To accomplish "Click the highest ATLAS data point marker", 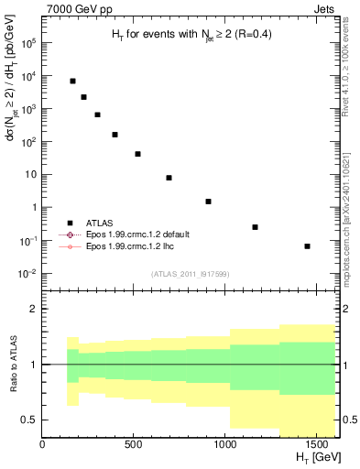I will click(x=72, y=82).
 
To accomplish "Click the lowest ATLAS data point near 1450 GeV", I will click(x=307, y=246).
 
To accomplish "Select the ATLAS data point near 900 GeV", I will click(x=209, y=202).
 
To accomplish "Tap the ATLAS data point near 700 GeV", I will click(x=169, y=178).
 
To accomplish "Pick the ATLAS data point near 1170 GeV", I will click(x=255, y=227).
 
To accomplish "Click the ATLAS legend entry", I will click(x=102, y=222).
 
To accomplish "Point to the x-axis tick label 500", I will click(x=134, y=446).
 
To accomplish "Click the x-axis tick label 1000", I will click(x=224, y=446).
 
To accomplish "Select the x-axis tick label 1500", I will click(x=316, y=446).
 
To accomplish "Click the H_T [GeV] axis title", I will click(x=315, y=459).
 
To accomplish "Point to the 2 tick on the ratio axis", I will click(x=33, y=309).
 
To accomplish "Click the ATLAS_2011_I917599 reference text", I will click(x=190, y=273).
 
